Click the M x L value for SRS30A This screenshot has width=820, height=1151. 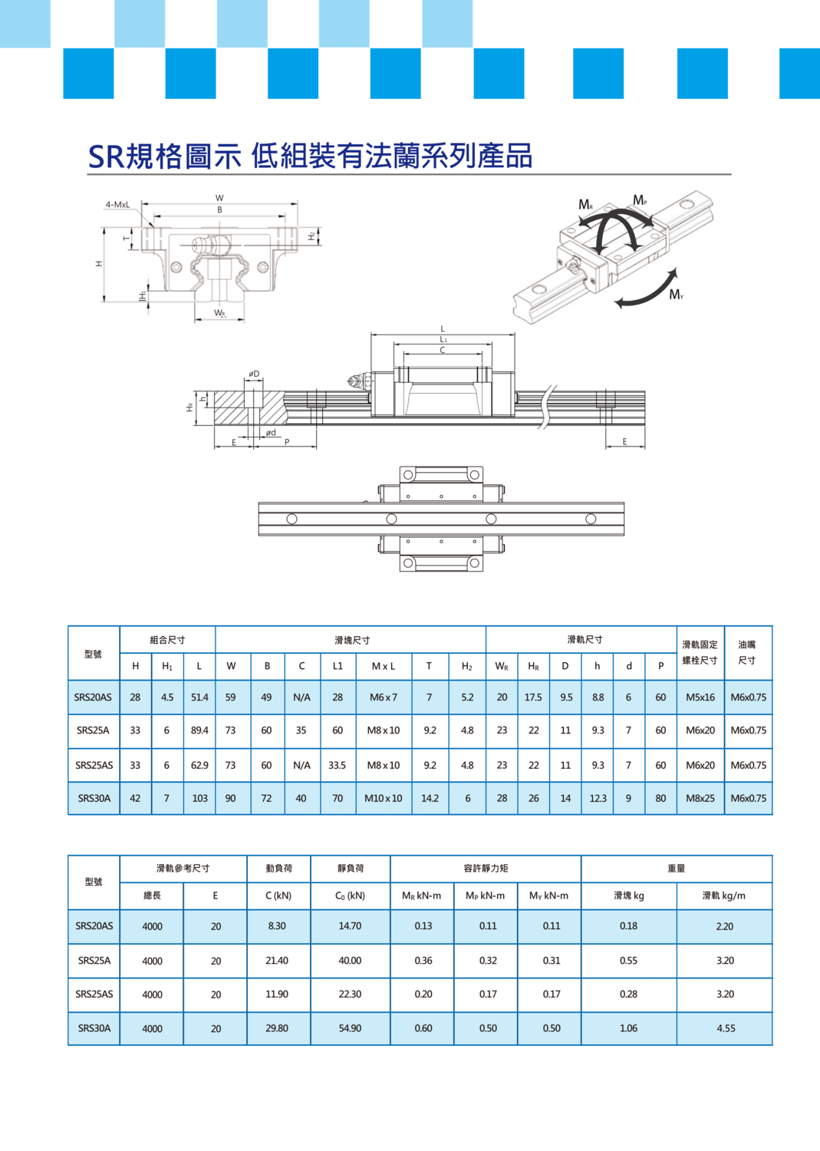[384, 798]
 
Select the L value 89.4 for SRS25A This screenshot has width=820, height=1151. [199, 731]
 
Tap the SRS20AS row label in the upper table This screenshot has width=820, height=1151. [93, 698]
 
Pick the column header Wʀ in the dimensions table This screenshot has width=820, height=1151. [502, 666]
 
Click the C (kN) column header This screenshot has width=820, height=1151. [278, 895]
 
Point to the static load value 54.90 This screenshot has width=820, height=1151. [350, 1028]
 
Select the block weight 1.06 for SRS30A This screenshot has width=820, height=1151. [628, 1028]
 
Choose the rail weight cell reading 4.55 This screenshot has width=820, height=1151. [726, 1028]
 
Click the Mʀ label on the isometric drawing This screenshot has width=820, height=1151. [586, 205]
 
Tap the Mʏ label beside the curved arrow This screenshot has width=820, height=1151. [676, 295]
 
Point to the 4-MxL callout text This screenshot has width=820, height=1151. [117, 205]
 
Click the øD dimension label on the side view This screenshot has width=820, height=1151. [254, 374]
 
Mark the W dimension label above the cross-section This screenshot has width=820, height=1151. [219, 198]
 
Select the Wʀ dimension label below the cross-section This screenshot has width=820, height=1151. [220, 313]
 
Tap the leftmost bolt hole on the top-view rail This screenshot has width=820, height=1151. [291, 519]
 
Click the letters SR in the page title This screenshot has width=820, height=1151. [107, 157]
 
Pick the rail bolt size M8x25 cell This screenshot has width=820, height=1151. [700, 798]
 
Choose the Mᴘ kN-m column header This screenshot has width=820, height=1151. [485, 895]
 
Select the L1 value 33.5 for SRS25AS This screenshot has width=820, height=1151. [337, 765]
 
